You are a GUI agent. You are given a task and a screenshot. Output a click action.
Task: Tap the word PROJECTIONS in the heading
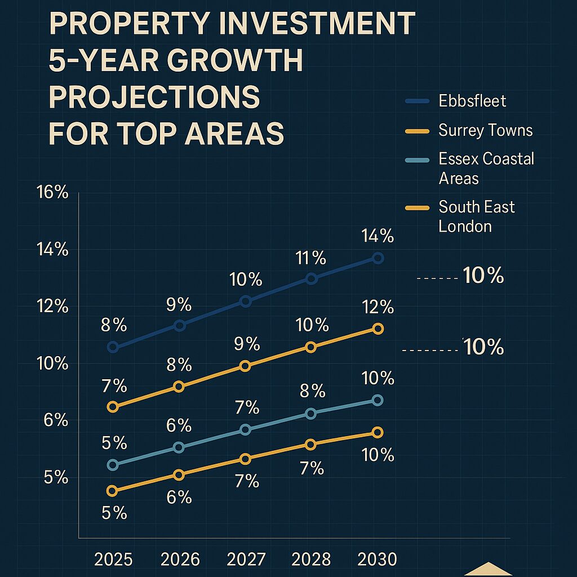click(x=154, y=97)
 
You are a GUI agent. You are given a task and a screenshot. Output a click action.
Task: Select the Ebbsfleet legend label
click(x=472, y=101)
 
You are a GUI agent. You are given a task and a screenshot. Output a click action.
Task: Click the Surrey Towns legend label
click(x=485, y=131)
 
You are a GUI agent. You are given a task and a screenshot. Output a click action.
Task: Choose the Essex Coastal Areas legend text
click(x=486, y=168)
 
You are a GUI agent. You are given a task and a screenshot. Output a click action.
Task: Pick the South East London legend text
click(x=476, y=216)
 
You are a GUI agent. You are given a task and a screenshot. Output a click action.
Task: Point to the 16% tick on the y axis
click(x=52, y=192)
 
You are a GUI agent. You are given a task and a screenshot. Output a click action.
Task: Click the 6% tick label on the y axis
click(x=52, y=420)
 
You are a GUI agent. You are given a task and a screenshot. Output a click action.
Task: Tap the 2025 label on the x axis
click(x=113, y=560)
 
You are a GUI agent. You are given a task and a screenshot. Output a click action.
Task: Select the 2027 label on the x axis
click(x=246, y=560)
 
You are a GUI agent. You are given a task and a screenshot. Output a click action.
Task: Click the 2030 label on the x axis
click(x=378, y=560)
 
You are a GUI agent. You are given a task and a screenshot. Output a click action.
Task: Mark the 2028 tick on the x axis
click(x=311, y=560)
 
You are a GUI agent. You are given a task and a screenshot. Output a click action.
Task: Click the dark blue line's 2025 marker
click(x=113, y=347)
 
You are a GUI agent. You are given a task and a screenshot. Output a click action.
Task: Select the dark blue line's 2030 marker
click(x=378, y=258)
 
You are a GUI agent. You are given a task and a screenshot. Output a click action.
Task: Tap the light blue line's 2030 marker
click(x=378, y=400)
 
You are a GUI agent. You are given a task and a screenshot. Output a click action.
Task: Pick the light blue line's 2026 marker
click(x=179, y=447)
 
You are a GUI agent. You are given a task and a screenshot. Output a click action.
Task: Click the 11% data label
click(x=310, y=259)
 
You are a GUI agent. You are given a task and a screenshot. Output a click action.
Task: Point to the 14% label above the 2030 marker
click(x=378, y=236)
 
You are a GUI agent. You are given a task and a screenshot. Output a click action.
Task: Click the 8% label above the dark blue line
click(x=113, y=325)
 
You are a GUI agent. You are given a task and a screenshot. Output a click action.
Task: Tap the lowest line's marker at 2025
click(x=112, y=491)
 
